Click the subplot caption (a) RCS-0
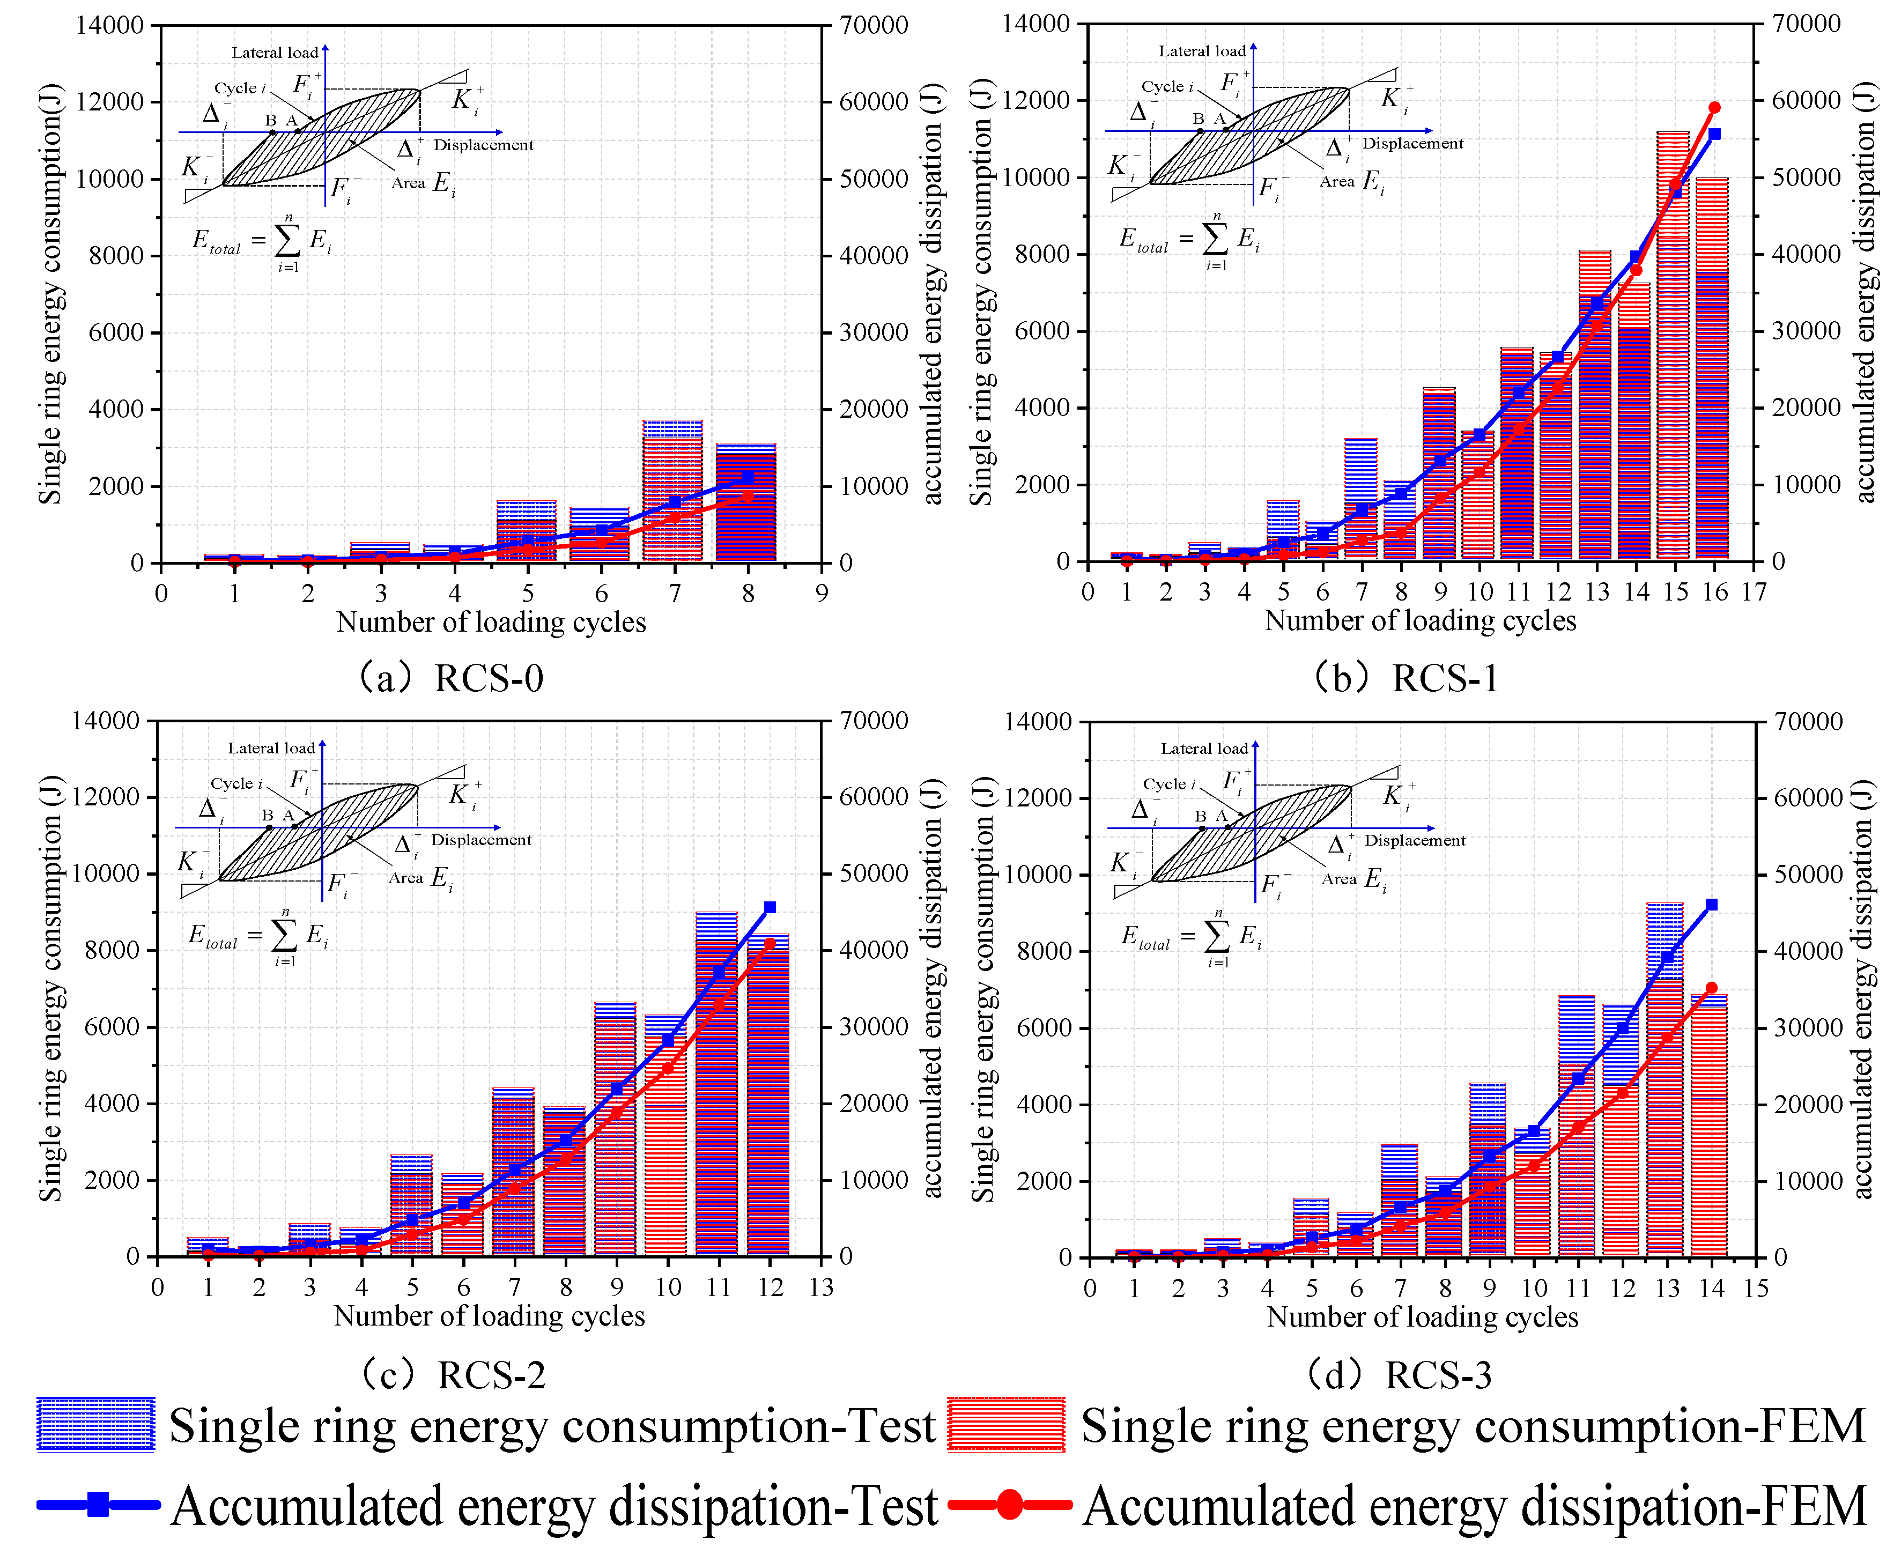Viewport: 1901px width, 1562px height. (x=450, y=678)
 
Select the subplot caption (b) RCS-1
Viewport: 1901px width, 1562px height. (x=1406, y=678)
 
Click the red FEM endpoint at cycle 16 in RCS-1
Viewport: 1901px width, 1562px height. (x=1714, y=108)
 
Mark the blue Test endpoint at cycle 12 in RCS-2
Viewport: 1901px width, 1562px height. (x=769, y=907)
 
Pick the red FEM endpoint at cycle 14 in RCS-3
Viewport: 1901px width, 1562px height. (x=1711, y=988)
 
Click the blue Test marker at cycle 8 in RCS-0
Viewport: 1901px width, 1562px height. (x=748, y=477)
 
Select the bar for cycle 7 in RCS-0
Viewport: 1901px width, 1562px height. (x=673, y=491)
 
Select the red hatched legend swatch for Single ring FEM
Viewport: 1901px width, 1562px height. (x=1006, y=1424)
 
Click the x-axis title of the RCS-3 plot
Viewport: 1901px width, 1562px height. (x=1422, y=1317)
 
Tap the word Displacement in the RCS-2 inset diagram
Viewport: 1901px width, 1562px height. (x=482, y=840)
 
